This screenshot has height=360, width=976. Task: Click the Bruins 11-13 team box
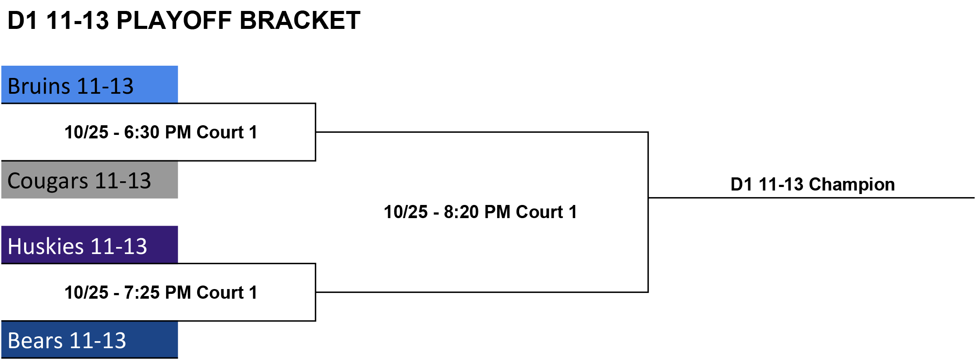(89, 85)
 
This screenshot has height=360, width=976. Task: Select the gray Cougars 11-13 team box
(89, 180)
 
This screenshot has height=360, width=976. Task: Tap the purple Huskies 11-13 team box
(89, 245)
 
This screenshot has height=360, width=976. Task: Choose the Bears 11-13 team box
(89, 340)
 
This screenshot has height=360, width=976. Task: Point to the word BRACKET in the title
(300, 20)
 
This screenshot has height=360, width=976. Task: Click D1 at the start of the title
(23, 20)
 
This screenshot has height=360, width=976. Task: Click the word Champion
(852, 185)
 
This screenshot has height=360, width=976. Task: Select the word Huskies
(46, 246)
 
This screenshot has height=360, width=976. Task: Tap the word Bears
(35, 341)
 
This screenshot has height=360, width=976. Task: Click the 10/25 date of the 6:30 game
(86, 132)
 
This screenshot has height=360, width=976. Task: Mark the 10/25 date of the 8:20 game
(406, 212)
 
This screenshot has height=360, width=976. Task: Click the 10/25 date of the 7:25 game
(86, 293)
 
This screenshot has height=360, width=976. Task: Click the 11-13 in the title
(77, 20)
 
